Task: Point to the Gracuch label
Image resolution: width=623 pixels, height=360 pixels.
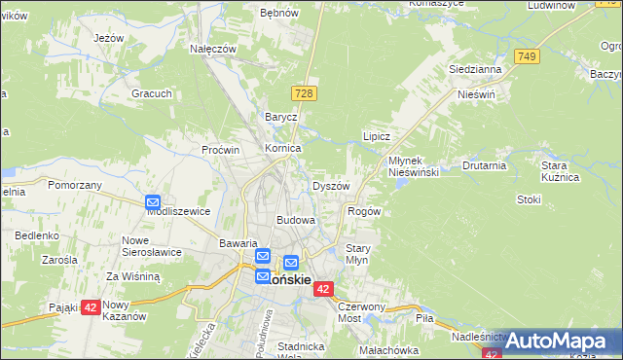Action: (152, 93)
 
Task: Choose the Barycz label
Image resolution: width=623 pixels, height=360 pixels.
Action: (280, 117)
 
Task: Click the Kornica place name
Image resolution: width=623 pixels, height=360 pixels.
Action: (283, 148)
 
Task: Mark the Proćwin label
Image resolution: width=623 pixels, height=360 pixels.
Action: (220, 150)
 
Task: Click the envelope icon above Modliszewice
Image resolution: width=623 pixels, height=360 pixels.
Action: (153, 203)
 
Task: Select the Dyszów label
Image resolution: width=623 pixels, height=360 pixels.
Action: (330, 186)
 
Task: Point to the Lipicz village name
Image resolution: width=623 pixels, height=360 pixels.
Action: (377, 137)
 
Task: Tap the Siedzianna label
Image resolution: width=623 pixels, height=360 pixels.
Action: (475, 70)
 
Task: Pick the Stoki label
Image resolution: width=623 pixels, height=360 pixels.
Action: (529, 199)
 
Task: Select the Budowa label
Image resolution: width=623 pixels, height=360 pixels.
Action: (296, 220)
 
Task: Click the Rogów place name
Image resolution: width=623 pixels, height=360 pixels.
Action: (363, 211)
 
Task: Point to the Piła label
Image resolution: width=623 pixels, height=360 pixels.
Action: (423, 318)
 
